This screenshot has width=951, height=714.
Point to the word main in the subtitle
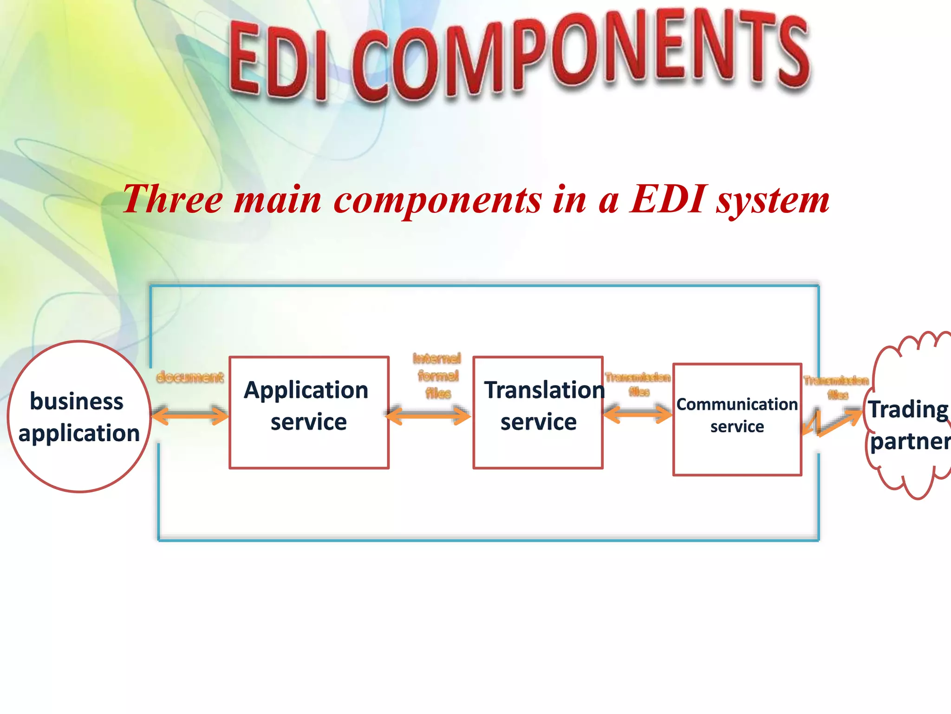[278, 200]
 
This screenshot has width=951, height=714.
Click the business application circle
[79, 416]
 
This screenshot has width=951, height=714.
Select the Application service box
[309, 412]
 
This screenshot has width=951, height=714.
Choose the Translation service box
[538, 412]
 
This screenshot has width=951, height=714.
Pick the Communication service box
[737, 419]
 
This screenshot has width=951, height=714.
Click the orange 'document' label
[190, 377]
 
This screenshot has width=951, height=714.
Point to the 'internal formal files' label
[437, 376]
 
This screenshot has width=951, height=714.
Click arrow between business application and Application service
[190, 415]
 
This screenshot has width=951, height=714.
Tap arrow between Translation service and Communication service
[638, 413]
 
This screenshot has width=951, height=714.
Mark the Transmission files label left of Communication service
[638, 383]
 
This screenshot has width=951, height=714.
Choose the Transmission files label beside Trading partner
[836, 387]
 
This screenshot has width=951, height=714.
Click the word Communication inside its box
[736, 404]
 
